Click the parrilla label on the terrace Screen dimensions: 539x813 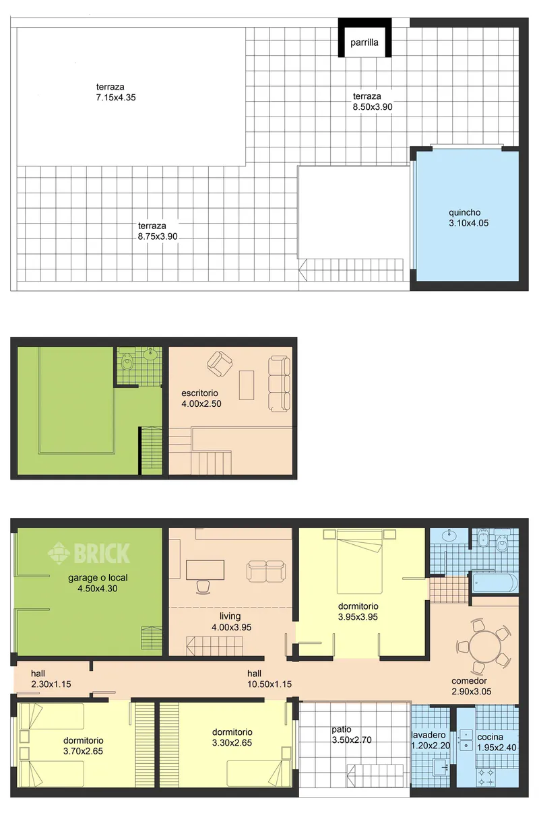pyautogui.click(x=364, y=42)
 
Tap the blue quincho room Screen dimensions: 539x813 pyautogui.click(x=467, y=216)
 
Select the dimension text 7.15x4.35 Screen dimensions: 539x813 pyautogui.click(x=116, y=97)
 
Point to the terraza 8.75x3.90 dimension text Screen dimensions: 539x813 pyautogui.click(x=158, y=236)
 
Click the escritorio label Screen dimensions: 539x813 pyautogui.click(x=199, y=393)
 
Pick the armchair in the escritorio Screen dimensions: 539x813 pyautogui.click(x=220, y=363)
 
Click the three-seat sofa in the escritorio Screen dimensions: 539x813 pyautogui.click(x=279, y=384)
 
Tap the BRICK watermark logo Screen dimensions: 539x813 pyautogui.click(x=89, y=554)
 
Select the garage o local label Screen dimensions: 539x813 pyautogui.click(x=98, y=578)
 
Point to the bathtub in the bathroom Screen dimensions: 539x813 pyautogui.click(x=495, y=583)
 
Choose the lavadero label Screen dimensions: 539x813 pyautogui.click(x=429, y=735)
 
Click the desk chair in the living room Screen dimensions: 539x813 pyautogui.click(x=203, y=587)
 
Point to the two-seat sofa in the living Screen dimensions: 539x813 pyautogui.click(x=265, y=571)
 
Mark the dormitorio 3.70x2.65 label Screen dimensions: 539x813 pyautogui.click(x=83, y=746)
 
